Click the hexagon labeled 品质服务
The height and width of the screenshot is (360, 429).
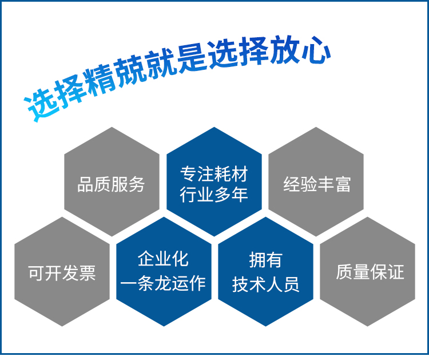(112, 181)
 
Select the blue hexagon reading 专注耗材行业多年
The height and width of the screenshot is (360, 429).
(214, 181)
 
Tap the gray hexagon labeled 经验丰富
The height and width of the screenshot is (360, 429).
(316, 181)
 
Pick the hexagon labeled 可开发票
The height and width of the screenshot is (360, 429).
(62, 272)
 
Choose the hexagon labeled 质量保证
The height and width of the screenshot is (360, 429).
(367, 272)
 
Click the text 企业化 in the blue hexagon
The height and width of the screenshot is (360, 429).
(163, 259)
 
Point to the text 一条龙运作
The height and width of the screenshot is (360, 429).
(163, 283)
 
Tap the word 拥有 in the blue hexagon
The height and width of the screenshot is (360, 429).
(265, 260)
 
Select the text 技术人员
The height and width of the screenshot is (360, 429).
(265, 284)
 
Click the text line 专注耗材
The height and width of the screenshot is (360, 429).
(214, 174)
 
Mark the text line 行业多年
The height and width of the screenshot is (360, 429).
(214, 195)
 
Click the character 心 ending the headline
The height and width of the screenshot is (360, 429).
(315, 50)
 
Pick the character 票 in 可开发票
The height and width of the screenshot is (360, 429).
(88, 273)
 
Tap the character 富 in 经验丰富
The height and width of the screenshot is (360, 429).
(343, 184)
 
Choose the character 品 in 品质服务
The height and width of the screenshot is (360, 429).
(86, 184)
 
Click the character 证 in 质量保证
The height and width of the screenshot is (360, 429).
(396, 272)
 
